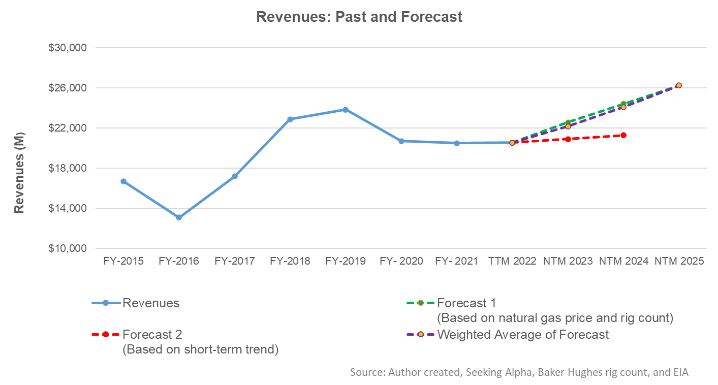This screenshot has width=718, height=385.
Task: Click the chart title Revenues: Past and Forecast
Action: (x=359, y=17)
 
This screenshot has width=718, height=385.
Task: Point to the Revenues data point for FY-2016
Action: (x=179, y=217)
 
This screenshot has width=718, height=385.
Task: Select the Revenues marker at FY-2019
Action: (x=346, y=110)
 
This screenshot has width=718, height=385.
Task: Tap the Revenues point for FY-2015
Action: (x=123, y=181)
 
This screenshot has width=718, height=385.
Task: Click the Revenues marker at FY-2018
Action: (x=290, y=119)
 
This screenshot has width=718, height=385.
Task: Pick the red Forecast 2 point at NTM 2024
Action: (x=623, y=135)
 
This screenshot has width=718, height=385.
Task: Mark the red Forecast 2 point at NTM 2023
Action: (x=568, y=139)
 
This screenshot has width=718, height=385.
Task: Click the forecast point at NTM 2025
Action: (x=678, y=85)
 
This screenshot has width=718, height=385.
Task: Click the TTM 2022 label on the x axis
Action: (x=512, y=262)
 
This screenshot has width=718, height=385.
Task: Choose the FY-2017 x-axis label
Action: (x=234, y=262)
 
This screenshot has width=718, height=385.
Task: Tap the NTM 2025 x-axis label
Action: (x=678, y=262)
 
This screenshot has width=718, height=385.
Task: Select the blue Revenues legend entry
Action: (x=151, y=303)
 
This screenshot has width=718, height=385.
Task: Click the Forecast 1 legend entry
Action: (x=466, y=303)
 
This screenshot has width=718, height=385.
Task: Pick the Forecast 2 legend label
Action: (x=152, y=335)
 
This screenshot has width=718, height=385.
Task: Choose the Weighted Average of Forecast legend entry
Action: (x=522, y=335)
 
